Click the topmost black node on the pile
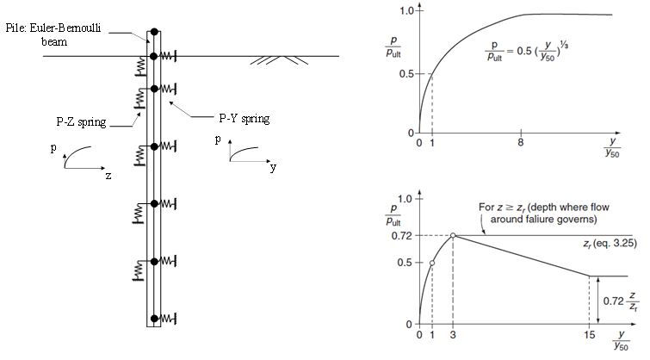pyautogui.click(x=153, y=32)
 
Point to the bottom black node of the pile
pyautogui.click(x=153, y=319)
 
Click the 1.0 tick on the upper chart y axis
pyautogui.click(x=398, y=10)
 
